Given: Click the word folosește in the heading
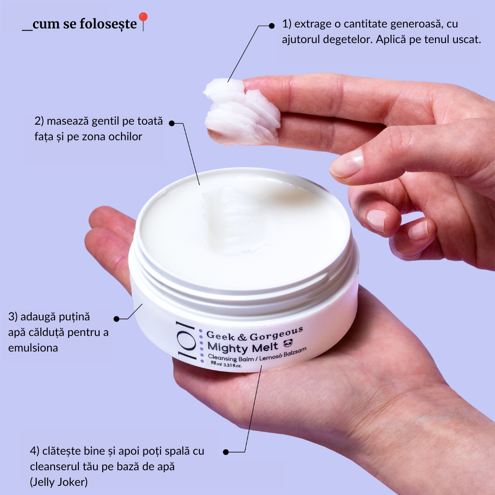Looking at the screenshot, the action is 108,24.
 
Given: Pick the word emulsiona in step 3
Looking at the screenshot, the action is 33,348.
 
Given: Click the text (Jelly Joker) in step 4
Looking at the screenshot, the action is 59,482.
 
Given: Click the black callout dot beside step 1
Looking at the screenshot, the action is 271,26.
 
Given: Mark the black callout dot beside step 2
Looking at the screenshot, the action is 172,123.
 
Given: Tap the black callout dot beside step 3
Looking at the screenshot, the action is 116,319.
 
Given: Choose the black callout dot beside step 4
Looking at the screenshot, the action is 225,452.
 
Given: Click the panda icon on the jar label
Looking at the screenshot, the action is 288,343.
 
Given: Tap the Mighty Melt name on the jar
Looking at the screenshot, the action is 243,347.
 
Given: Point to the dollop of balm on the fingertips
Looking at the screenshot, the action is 242,112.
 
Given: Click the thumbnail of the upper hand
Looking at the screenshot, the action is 346,163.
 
